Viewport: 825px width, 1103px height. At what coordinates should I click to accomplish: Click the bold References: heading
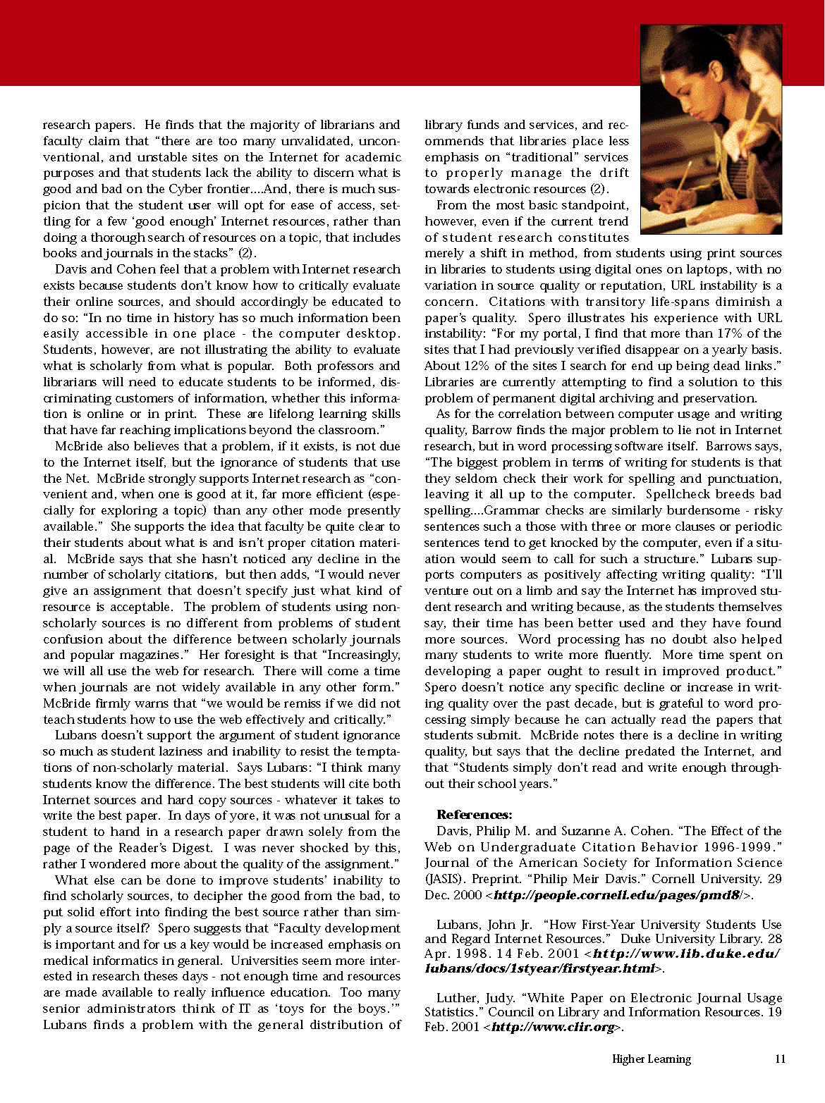pos(475,815)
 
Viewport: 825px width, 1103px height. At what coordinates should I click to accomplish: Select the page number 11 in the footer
pos(780,1059)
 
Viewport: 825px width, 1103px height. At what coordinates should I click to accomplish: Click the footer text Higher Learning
pos(651,1059)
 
